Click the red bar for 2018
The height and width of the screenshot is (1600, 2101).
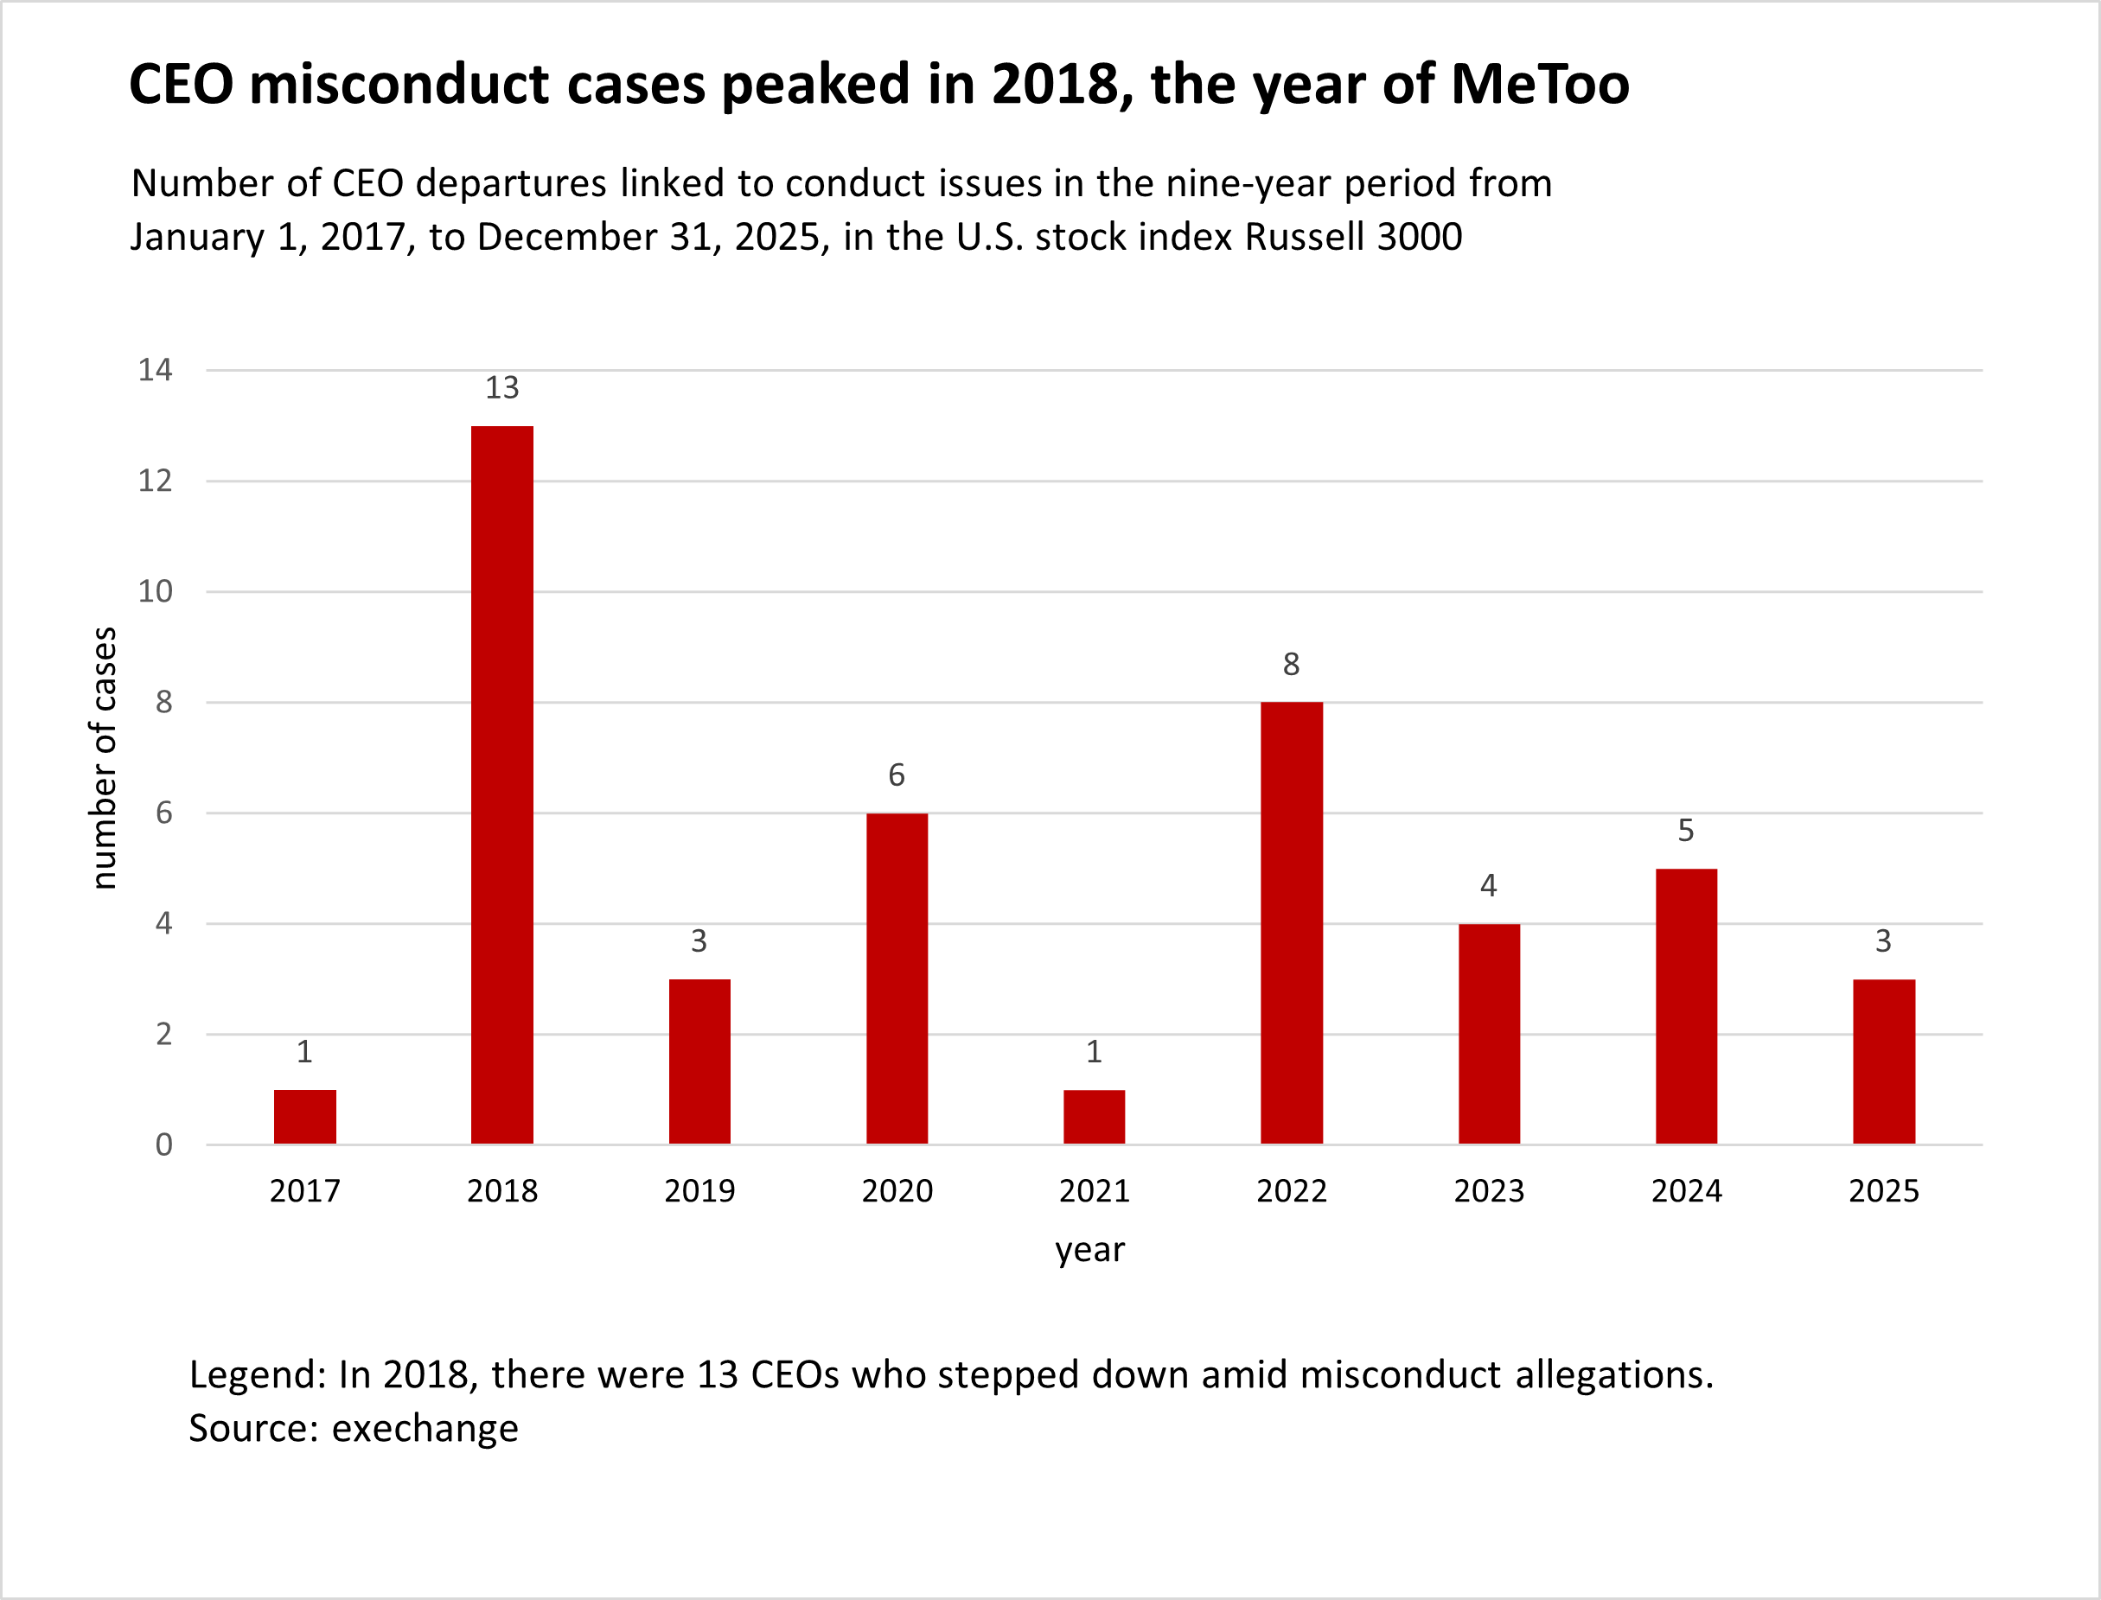(x=502, y=785)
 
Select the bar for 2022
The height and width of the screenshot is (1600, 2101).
(x=1292, y=923)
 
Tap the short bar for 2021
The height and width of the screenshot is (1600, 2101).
(x=1094, y=1116)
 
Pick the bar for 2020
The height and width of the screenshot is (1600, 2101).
(x=897, y=978)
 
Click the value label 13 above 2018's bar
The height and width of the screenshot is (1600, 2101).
(x=502, y=387)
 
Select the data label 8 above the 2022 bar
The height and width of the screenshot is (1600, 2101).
(x=1291, y=664)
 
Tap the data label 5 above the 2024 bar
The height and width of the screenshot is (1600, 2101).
(x=1686, y=831)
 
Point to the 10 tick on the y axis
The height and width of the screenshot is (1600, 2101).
(x=156, y=591)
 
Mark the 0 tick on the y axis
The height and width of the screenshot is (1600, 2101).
(x=163, y=1144)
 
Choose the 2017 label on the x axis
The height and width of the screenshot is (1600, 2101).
(x=304, y=1191)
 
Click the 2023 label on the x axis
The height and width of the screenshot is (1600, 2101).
(x=1489, y=1191)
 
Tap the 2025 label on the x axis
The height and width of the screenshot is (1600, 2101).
(x=1884, y=1191)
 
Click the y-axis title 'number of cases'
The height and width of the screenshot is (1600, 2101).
(x=104, y=758)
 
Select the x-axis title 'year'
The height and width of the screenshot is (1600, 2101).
(x=1089, y=1250)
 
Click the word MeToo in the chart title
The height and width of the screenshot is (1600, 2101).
(x=1540, y=84)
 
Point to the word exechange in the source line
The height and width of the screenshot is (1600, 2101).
(x=425, y=1429)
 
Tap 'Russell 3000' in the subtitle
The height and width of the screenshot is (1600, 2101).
(x=1353, y=237)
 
